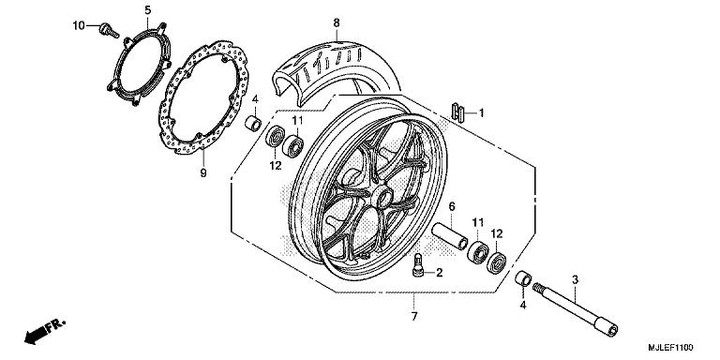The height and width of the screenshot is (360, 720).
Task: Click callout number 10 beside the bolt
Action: click(78, 24)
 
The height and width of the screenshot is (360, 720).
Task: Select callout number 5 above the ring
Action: click(147, 10)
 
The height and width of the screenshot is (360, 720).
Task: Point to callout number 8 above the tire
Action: click(336, 22)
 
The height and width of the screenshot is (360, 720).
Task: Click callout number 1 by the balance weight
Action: click(481, 113)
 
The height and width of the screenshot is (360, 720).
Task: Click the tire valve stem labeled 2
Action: click(418, 264)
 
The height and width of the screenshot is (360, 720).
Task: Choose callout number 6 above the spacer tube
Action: click(451, 206)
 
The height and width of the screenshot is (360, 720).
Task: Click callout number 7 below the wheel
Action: click(414, 317)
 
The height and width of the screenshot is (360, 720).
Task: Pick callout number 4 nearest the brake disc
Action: click(253, 99)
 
